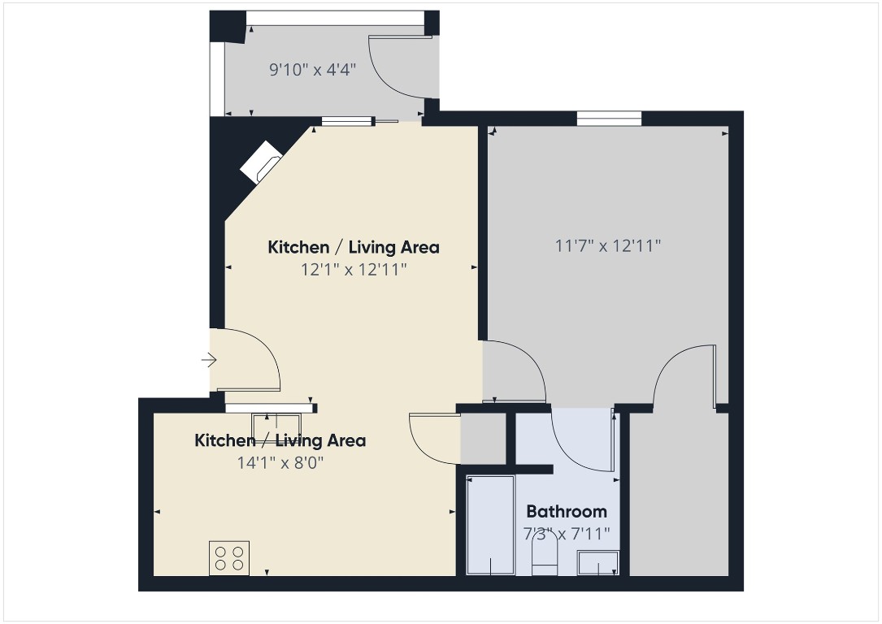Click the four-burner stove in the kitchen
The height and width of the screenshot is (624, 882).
point(229,557)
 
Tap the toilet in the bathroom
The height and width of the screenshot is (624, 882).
point(544,559)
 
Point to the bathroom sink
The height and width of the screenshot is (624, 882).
point(597,562)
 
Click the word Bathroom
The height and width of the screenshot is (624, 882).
point(567,512)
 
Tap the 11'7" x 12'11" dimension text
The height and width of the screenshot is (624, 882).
point(608,245)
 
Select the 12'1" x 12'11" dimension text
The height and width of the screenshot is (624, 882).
point(354,269)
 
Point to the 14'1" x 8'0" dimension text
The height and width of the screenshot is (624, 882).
point(280,462)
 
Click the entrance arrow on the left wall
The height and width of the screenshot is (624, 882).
point(210,359)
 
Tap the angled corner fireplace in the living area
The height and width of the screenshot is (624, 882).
point(260,162)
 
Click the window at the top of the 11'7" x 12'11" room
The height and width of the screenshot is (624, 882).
point(609,119)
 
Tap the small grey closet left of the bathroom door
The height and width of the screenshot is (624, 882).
point(483,439)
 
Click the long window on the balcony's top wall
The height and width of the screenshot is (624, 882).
point(335,18)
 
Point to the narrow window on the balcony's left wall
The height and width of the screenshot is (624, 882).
point(217,77)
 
